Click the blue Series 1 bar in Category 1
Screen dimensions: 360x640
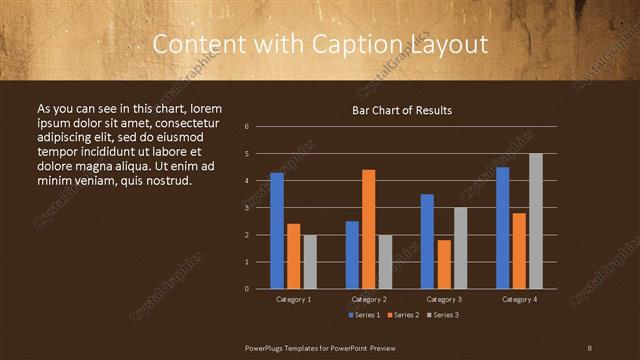click(x=277, y=231)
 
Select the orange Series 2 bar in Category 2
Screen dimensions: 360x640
click(x=368, y=229)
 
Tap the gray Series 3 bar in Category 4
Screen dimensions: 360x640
click(x=535, y=221)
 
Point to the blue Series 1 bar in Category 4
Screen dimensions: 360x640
click(x=502, y=228)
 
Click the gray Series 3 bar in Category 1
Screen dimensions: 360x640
click(x=310, y=262)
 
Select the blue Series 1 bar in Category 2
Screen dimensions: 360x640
click(x=352, y=255)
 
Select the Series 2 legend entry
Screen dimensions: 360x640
click(x=401, y=315)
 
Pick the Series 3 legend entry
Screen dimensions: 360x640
click(x=441, y=315)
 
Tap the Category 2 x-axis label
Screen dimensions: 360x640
click(x=369, y=299)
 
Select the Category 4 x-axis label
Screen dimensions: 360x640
click(x=519, y=299)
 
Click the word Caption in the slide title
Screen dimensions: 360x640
click(x=360, y=45)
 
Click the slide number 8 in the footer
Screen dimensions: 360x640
click(x=590, y=347)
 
